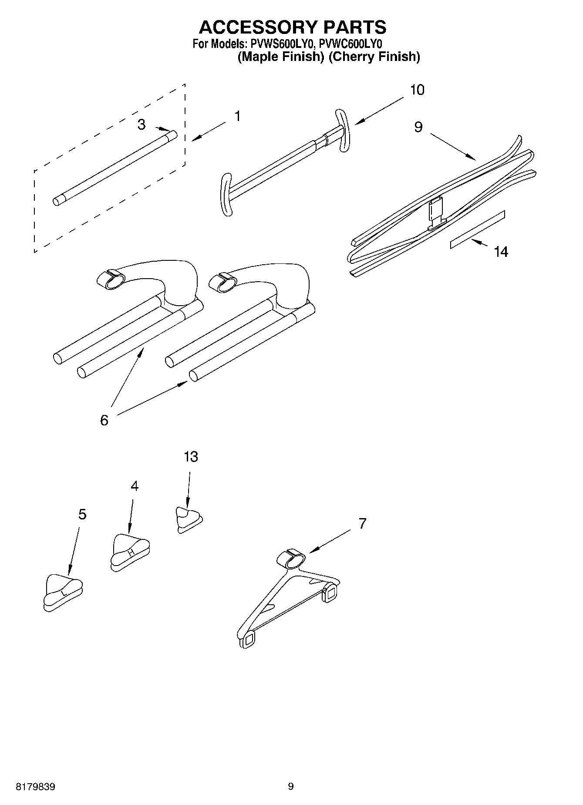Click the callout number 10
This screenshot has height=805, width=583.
tap(417, 90)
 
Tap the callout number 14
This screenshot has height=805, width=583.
tap(501, 252)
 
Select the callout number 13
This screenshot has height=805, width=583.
tap(191, 457)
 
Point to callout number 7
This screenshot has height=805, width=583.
tap(362, 523)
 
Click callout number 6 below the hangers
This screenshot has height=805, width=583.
tap(104, 420)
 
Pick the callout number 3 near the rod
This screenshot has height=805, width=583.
tap(141, 125)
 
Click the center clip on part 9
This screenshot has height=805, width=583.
tap(436, 213)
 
